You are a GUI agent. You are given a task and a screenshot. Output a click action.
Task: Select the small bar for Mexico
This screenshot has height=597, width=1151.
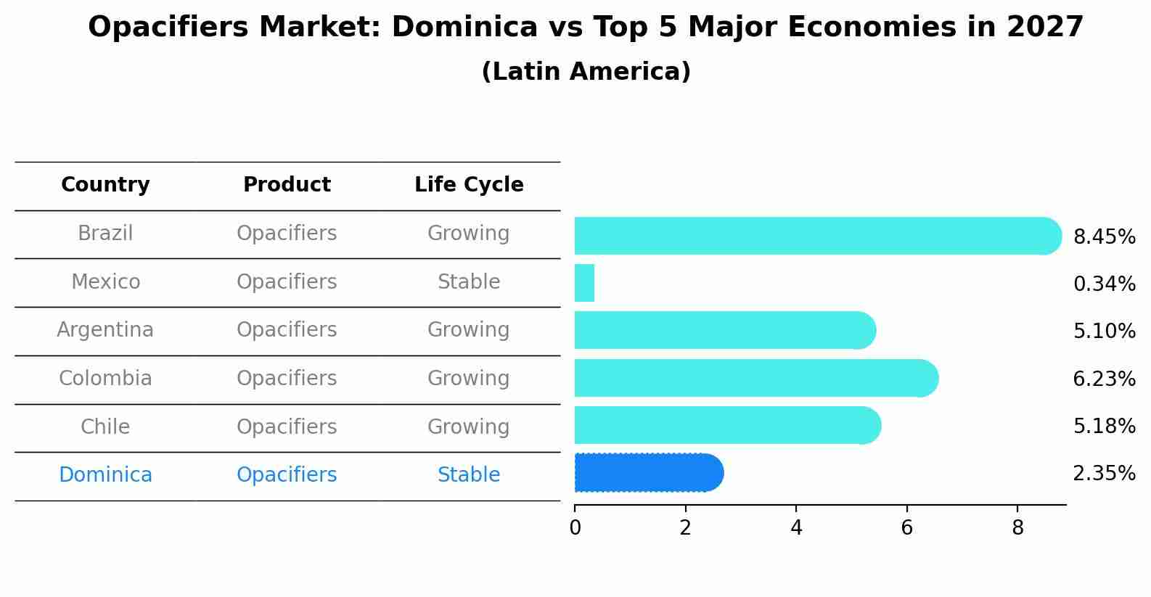(x=584, y=283)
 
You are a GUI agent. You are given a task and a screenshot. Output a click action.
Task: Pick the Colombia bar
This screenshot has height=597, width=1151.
(x=755, y=378)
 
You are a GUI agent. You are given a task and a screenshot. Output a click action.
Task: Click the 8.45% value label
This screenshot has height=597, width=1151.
(x=1104, y=237)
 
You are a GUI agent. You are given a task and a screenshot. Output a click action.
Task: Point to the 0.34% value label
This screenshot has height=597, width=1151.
(x=1104, y=284)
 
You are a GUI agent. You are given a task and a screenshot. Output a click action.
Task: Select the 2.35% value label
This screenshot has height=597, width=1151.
(x=1104, y=474)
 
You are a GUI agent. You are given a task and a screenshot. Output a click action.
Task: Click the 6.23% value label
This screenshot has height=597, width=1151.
(x=1104, y=379)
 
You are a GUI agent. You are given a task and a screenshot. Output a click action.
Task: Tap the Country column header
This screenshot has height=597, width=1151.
(x=105, y=185)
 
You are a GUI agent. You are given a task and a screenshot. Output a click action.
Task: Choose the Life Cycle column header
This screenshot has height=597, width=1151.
(x=469, y=185)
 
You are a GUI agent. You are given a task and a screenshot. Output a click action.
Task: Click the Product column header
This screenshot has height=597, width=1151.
(x=287, y=185)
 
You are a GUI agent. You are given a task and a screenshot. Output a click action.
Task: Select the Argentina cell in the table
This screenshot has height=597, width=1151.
(x=105, y=330)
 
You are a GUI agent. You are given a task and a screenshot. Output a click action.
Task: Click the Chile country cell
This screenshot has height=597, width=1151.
(x=105, y=427)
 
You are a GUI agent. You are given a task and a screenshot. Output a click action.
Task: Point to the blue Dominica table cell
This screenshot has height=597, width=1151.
(x=105, y=475)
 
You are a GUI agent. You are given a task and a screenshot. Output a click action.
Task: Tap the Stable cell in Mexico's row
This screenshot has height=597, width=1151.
(x=469, y=282)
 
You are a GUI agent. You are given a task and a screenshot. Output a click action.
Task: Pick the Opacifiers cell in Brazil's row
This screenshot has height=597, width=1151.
(x=287, y=234)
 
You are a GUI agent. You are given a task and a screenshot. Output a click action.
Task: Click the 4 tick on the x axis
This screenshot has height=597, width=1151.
(x=796, y=528)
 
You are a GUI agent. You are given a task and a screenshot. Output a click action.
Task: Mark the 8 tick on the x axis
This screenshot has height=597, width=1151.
(x=1017, y=528)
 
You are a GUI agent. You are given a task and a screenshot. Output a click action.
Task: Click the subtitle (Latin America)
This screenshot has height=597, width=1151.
(x=586, y=72)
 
